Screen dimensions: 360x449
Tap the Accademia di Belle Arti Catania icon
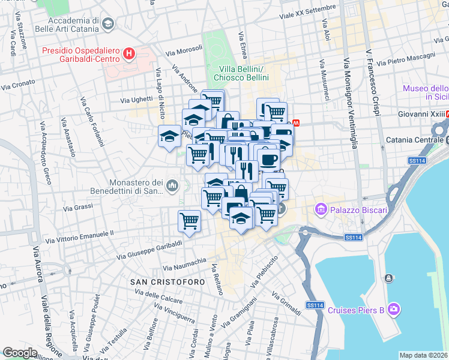108,24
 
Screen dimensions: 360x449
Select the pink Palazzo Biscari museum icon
321,210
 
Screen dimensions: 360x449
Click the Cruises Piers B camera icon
394,310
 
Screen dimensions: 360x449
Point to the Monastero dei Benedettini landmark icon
173,187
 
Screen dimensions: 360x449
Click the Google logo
19,353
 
